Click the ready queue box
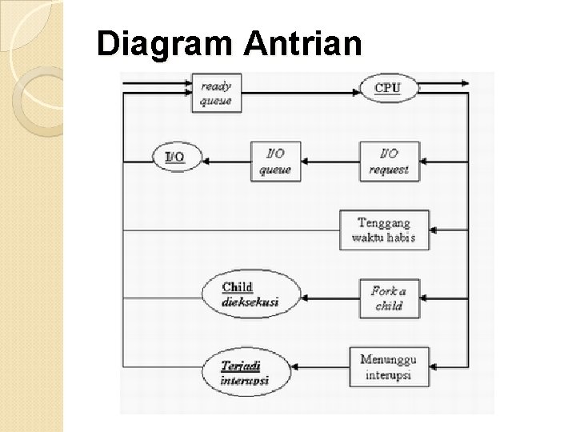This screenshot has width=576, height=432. coord(215,92)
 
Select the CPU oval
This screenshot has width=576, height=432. coord(387,87)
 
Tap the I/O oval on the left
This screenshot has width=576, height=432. coord(175,156)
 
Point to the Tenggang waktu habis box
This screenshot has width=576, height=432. coord(384,230)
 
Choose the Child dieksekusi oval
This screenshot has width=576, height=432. coord(251,294)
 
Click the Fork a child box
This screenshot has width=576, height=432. coord(389,298)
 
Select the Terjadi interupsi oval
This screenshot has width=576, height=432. coord(246,372)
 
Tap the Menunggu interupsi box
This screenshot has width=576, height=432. coord(384,368)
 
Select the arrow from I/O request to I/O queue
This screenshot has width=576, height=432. coord(331,161)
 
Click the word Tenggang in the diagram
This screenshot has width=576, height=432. coord(384,222)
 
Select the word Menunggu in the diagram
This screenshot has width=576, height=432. coord(384,361)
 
